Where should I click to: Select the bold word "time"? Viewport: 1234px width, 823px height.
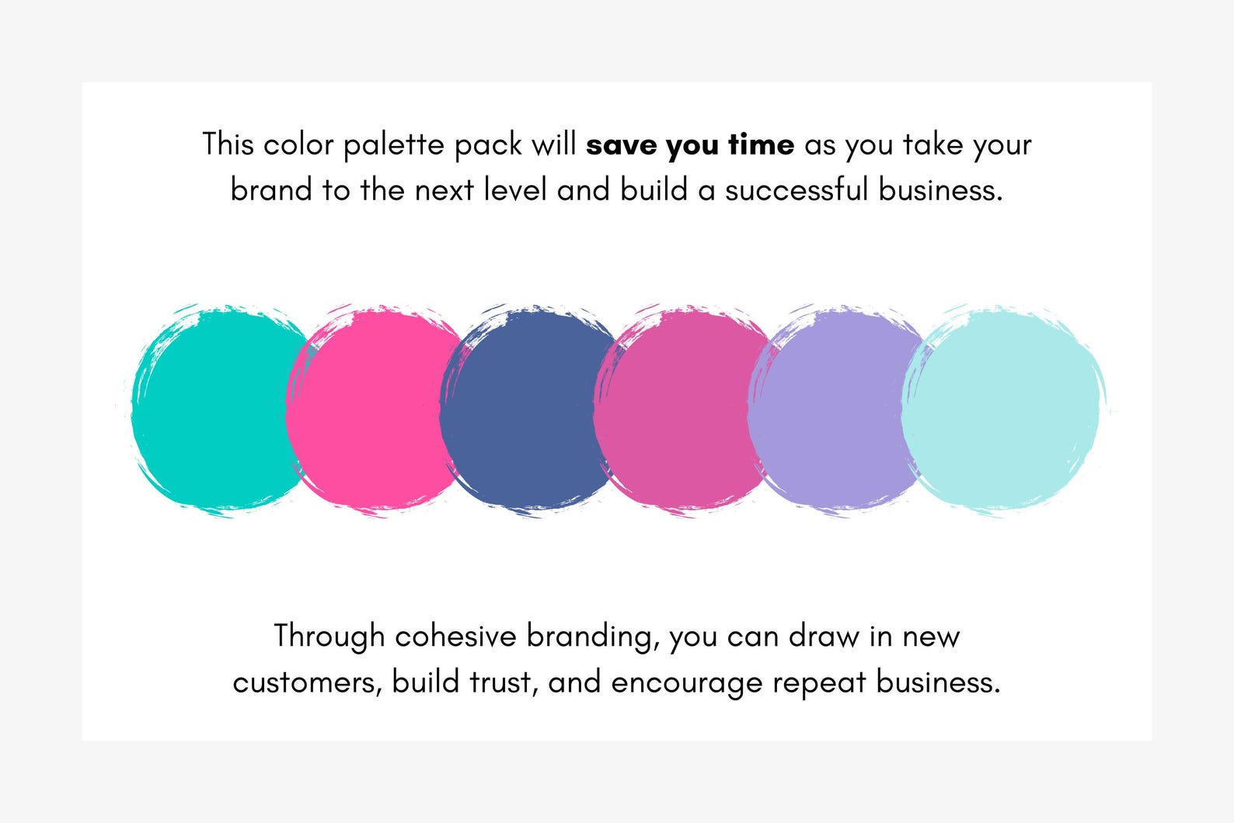tap(761, 145)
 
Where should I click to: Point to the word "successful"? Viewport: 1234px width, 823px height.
tap(797, 190)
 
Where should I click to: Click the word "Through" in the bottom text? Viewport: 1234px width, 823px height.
tap(329, 636)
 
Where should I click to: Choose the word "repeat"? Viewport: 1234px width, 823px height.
tap(818, 683)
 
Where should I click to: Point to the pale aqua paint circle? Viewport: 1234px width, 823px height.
tap(1002, 410)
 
